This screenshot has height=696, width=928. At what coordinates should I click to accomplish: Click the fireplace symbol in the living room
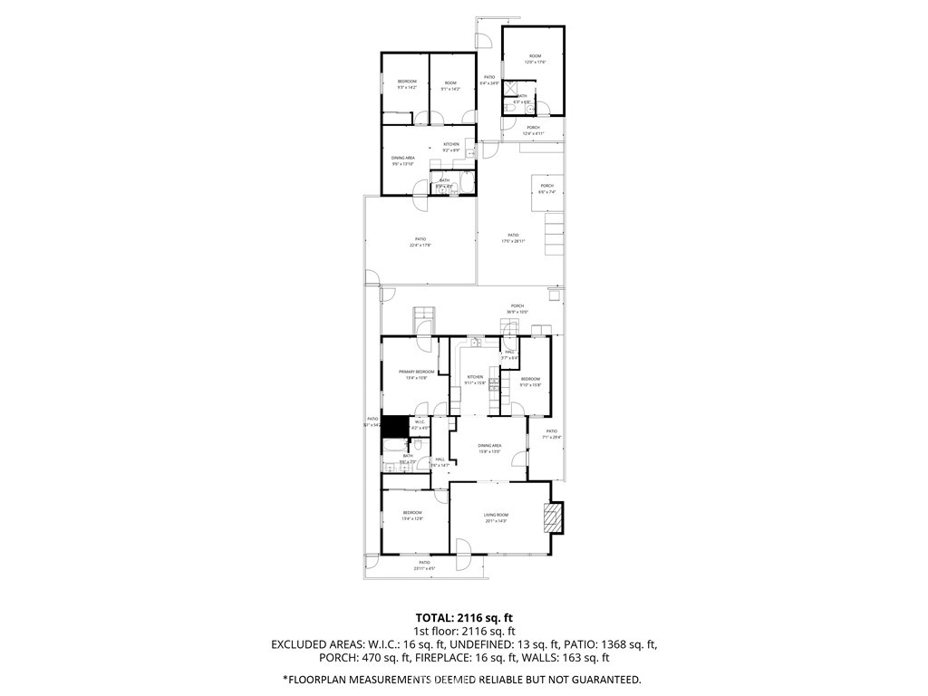click(551, 517)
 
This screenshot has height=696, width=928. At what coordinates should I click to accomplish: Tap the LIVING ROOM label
click(496, 517)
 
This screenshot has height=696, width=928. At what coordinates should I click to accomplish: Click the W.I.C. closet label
click(420, 423)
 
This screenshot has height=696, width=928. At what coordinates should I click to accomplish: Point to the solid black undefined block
click(393, 424)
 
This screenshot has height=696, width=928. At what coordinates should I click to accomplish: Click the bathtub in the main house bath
click(395, 445)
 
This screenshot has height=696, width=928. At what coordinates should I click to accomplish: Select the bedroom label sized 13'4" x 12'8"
click(412, 516)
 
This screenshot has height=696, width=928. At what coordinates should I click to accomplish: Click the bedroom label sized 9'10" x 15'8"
click(530, 381)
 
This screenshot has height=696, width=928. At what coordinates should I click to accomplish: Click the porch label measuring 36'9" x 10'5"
click(517, 308)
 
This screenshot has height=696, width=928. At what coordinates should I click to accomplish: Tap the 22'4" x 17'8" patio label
click(419, 241)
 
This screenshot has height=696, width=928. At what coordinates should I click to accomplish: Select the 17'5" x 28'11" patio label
click(513, 237)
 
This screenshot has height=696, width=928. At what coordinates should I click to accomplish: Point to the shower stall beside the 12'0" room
click(513, 91)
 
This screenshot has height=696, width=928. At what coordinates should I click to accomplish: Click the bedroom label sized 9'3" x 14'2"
click(407, 84)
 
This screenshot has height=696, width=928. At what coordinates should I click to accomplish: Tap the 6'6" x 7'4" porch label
click(546, 188)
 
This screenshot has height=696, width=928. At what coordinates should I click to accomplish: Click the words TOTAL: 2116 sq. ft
click(463, 616)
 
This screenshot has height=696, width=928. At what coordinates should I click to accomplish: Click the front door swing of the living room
click(462, 546)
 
